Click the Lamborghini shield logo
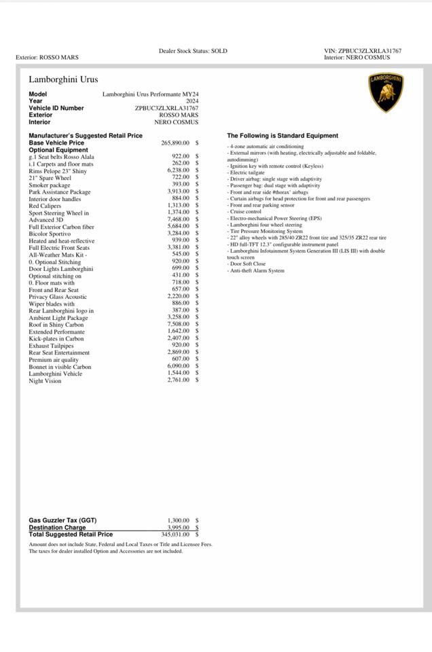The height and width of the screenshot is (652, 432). click(x=386, y=93)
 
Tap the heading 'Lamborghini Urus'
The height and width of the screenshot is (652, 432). click(x=63, y=79)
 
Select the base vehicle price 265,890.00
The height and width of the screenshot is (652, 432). click(x=175, y=143)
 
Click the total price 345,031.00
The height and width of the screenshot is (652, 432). click(x=175, y=535)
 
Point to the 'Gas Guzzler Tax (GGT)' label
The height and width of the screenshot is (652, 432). click(x=62, y=520)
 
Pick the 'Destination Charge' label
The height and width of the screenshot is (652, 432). click(x=57, y=528)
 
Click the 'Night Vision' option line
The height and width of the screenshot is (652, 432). click(x=45, y=381)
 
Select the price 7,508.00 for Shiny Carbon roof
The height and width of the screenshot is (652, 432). click(x=178, y=325)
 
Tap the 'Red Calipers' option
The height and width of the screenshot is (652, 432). click(x=45, y=206)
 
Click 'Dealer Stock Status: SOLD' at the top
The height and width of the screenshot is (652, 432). click(x=193, y=51)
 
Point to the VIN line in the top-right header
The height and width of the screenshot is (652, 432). click(x=363, y=51)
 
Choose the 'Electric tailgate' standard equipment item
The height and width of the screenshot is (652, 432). click(x=247, y=173)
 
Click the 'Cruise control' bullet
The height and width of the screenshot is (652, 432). click(x=245, y=212)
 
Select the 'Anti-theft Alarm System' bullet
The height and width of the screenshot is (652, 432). click(x=257, y=271)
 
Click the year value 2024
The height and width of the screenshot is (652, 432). click(x=192, y=101)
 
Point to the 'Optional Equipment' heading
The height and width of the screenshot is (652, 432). click(x=58, y=150)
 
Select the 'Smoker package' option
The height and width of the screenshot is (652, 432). click(x=50, y=185)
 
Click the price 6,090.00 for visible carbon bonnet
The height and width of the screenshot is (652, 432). click(x=178, y=367)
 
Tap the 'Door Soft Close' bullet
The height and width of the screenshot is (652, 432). click(x=248, y=264)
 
